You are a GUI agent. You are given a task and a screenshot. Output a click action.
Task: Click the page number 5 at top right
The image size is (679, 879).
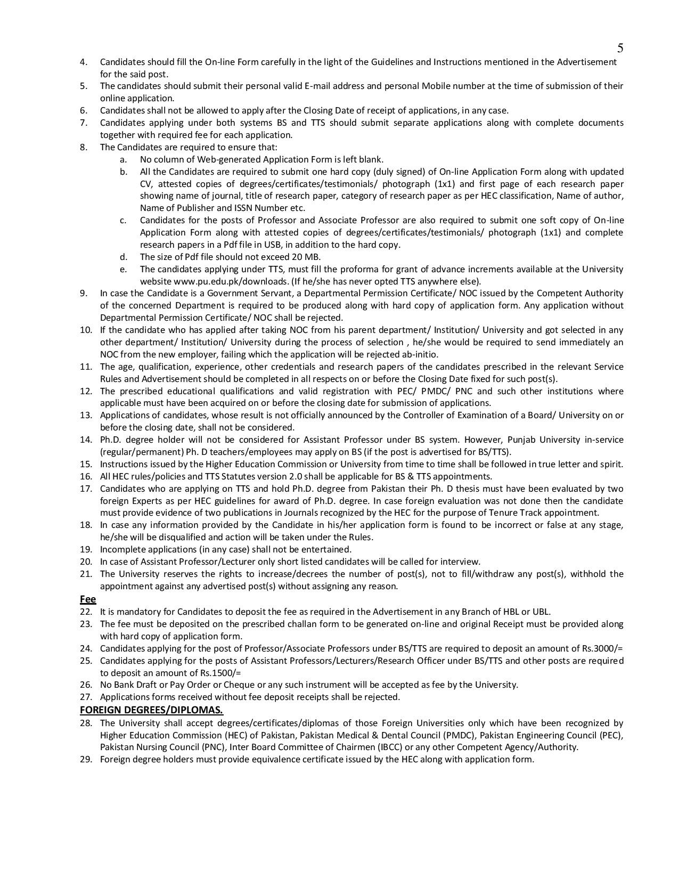[x=620, y=48]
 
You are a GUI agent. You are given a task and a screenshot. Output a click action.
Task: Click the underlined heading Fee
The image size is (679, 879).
[x=88, y=599]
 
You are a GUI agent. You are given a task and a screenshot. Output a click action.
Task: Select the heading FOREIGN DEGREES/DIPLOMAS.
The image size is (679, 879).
[x=151, y=710]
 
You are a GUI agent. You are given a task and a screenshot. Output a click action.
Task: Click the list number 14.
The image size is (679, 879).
[x=86, y=439]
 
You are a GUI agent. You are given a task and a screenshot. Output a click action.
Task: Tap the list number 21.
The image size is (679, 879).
[x=86, y=574]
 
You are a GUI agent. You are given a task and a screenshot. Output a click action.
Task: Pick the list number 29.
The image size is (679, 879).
[x=86, y=759]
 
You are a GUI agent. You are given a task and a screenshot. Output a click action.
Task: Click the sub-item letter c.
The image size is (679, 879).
[x=123, y=220]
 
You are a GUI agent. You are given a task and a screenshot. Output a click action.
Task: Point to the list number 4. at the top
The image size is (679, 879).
[x=84, y=62]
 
